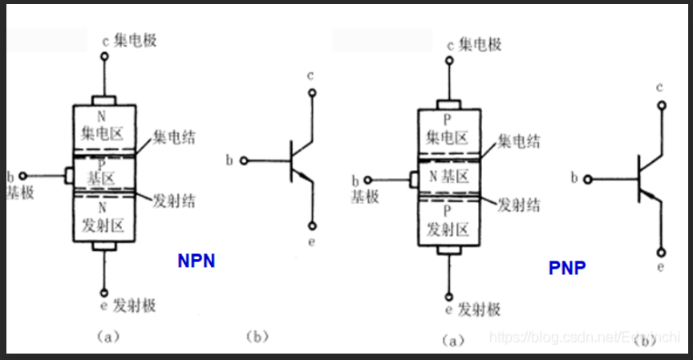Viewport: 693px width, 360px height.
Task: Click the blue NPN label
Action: pos(196,261)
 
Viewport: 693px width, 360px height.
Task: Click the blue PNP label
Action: pos(567,268)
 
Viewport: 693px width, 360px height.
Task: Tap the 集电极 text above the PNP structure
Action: pos(480,44)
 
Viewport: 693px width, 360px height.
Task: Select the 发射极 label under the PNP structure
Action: pos(479,309)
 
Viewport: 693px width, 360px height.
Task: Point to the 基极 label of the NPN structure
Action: pos(19,193)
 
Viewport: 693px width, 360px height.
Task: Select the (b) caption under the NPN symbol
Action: pos(255,337)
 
